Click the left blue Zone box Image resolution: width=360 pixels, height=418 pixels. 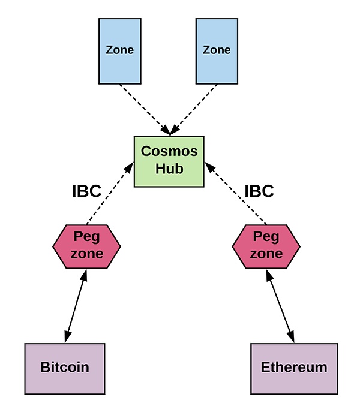(119, 51)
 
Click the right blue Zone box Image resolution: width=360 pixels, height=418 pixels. (217, 51)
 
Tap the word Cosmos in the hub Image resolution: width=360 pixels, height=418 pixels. (169, 151)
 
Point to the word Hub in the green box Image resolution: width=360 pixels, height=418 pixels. (169, 169)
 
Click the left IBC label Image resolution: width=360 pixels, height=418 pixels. (86, 191)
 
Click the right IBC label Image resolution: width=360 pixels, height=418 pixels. (259, 191)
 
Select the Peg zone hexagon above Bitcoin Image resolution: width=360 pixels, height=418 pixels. (87, 246)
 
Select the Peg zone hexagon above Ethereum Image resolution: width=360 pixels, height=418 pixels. (266, 246)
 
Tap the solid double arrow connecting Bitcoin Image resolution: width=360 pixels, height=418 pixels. (76, 306)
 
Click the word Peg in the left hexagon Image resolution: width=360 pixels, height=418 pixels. (86, 236)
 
